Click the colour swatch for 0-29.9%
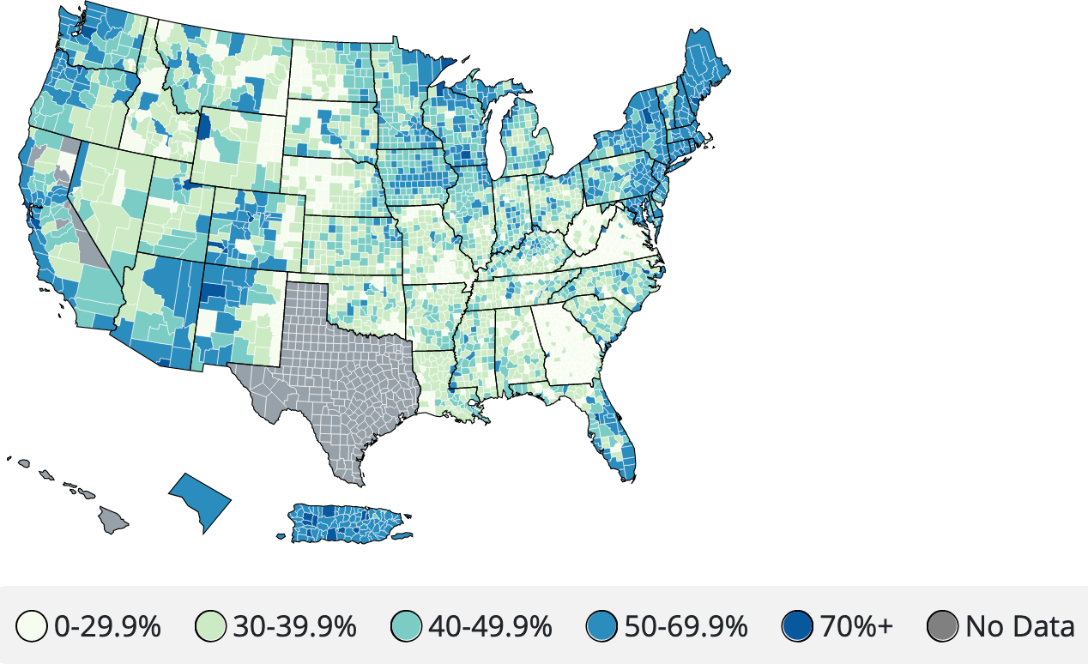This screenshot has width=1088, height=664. [x=35, y=627]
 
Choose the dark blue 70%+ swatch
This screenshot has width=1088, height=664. [x=799, y=627]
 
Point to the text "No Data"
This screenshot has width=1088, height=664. [x=1019, y=627]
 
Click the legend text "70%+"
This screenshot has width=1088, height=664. [x=856, y=627]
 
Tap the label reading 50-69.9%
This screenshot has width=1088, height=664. [x=686, y=627]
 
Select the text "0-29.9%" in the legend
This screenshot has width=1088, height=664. [x=107, y=627]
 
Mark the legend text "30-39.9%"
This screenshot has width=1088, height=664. [x=294, y=627]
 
